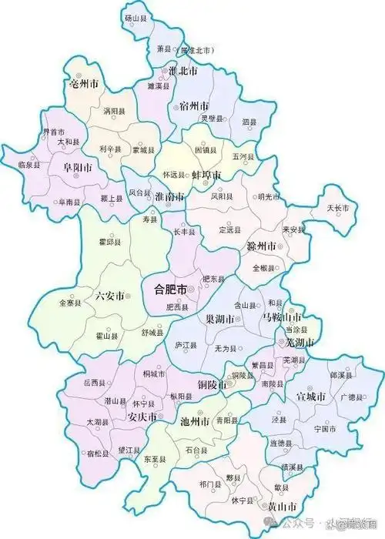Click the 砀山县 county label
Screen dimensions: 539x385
click(x=136, y=16)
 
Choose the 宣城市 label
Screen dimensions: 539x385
click(x=311, y=397)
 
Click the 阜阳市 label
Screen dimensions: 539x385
click(x=79, y=167)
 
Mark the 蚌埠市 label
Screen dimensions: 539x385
click(x=206, y=176)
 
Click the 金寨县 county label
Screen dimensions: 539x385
click(x=69, y=304)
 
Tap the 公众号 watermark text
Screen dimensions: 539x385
click(x=308, y=529)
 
